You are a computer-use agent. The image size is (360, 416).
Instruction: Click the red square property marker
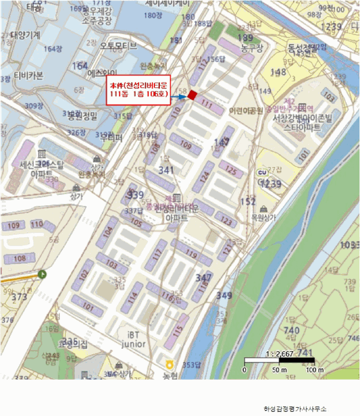coord(192,94)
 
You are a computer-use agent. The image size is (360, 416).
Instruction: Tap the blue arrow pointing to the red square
coord(180,96)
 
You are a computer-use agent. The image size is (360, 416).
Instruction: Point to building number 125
coord(231,170)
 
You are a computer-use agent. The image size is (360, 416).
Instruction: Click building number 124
coord(205,177)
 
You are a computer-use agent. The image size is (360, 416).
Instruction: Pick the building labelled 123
coord(226,222)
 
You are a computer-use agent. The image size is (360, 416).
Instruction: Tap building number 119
coord(191,254)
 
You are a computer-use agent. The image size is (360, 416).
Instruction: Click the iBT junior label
coord(133,339)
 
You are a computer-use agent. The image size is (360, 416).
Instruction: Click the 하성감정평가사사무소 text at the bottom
coord(295,409)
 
